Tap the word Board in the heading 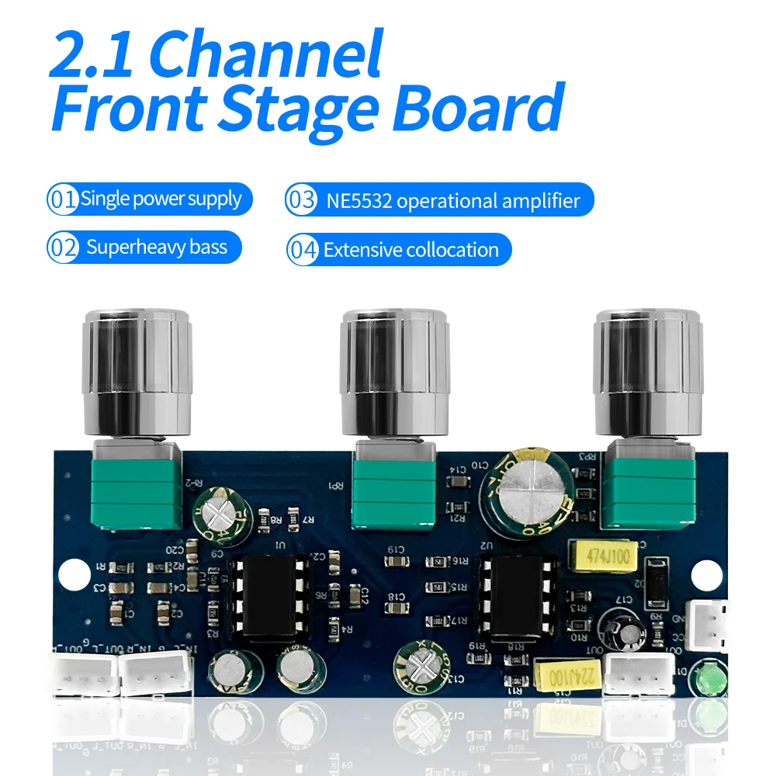tap(476, 109)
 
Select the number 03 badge tap(302, 201)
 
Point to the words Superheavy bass tap(157, 248)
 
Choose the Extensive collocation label tap(411, 250)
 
